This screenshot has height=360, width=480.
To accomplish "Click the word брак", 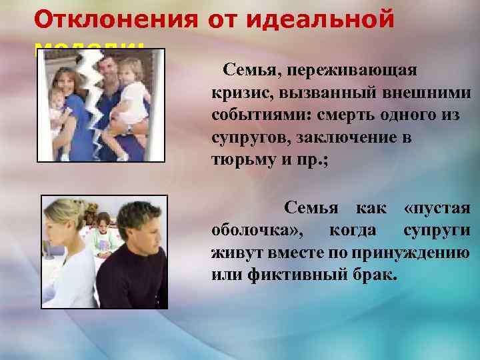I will coord(373,275).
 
